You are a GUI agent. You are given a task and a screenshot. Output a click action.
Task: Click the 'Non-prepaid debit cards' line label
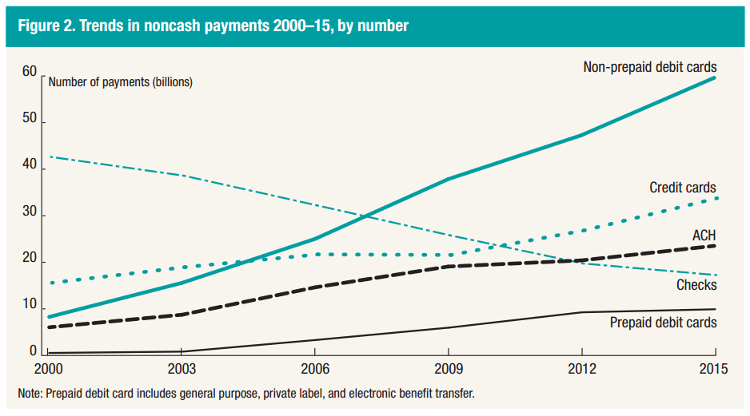[649, 67]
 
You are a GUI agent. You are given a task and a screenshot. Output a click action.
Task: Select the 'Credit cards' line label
[683, 188]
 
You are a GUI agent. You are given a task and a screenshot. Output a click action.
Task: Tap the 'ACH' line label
[704, 235]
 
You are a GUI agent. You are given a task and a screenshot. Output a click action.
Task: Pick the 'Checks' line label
[697, 285]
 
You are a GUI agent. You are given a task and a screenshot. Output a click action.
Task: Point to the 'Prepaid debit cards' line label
[663, 323]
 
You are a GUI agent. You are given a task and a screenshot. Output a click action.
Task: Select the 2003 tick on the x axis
[182, 370]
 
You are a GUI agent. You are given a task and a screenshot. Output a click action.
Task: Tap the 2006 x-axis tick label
[314, 370]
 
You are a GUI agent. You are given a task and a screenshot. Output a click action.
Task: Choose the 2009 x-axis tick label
[448, 370]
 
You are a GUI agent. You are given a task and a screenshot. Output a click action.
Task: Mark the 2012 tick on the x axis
[581, 370]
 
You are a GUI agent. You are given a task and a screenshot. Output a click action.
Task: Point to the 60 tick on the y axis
[30, 73]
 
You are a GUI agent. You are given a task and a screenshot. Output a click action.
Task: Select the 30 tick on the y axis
[30, 213]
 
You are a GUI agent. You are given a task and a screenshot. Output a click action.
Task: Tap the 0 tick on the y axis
[34, 351]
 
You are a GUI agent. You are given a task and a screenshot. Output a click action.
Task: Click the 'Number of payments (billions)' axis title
[121, 81]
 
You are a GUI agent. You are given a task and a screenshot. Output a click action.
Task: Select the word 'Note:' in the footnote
[33, 394]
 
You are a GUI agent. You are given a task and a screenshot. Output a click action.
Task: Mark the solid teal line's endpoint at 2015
[715, 77]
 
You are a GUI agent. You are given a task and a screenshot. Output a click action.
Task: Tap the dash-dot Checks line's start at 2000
[50, 156]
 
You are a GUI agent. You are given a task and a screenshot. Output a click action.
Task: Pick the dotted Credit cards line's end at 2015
[715, 197]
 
